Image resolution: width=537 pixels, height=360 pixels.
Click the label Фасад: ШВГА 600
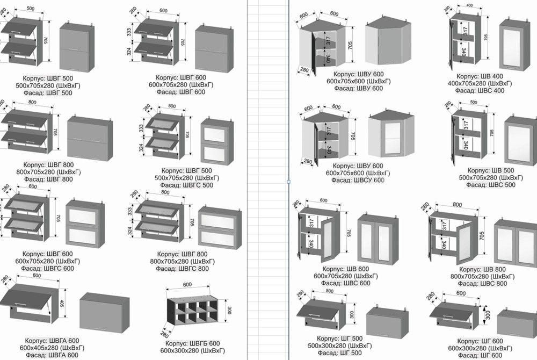52,355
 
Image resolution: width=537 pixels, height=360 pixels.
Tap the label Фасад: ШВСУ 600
358,181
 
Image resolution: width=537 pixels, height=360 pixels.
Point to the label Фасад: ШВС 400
480,91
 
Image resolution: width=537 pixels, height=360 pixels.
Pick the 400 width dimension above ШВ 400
470,5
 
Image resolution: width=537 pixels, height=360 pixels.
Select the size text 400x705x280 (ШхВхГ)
480,83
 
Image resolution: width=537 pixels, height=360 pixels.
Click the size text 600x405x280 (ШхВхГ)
52,348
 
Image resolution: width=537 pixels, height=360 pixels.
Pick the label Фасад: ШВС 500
488,185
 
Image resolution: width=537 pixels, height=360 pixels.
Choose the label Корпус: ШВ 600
346,269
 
